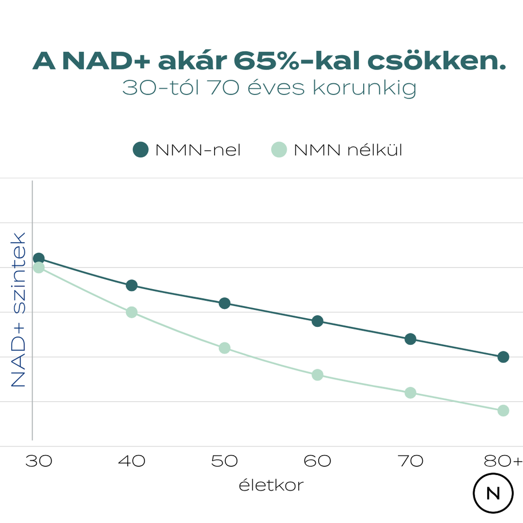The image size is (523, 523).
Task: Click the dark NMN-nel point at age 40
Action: [x=132, y=285]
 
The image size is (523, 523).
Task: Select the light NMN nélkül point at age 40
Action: [x=132, y=312]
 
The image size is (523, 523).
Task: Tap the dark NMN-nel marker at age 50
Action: [x=225, y=303]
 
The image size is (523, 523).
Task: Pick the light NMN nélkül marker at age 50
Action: [x=225, y=348]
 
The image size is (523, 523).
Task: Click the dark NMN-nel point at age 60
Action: [x=318, y=321]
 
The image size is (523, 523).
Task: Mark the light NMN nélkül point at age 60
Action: [x=318, y=375]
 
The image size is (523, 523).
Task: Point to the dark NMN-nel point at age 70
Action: [x=410, y=339]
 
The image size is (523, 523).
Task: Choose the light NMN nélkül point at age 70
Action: [x=410, y=393]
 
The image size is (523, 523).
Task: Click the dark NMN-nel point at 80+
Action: [x=503, y=357]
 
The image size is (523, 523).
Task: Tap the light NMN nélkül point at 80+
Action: [x=503, y=411]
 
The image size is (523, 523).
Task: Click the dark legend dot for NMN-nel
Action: [x=140, y=150]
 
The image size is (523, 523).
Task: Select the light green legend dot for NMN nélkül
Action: [x=278, y=150]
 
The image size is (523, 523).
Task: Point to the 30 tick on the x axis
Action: [x=39, y=461]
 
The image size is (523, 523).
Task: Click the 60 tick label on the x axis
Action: [x=318, y=461]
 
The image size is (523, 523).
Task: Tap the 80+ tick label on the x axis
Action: [x=504, y=461]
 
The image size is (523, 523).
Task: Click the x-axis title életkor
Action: [x=271, y=485]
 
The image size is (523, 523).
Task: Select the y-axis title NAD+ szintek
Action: [x=19, y=310]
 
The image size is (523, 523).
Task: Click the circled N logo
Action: [x=493, y=493]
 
